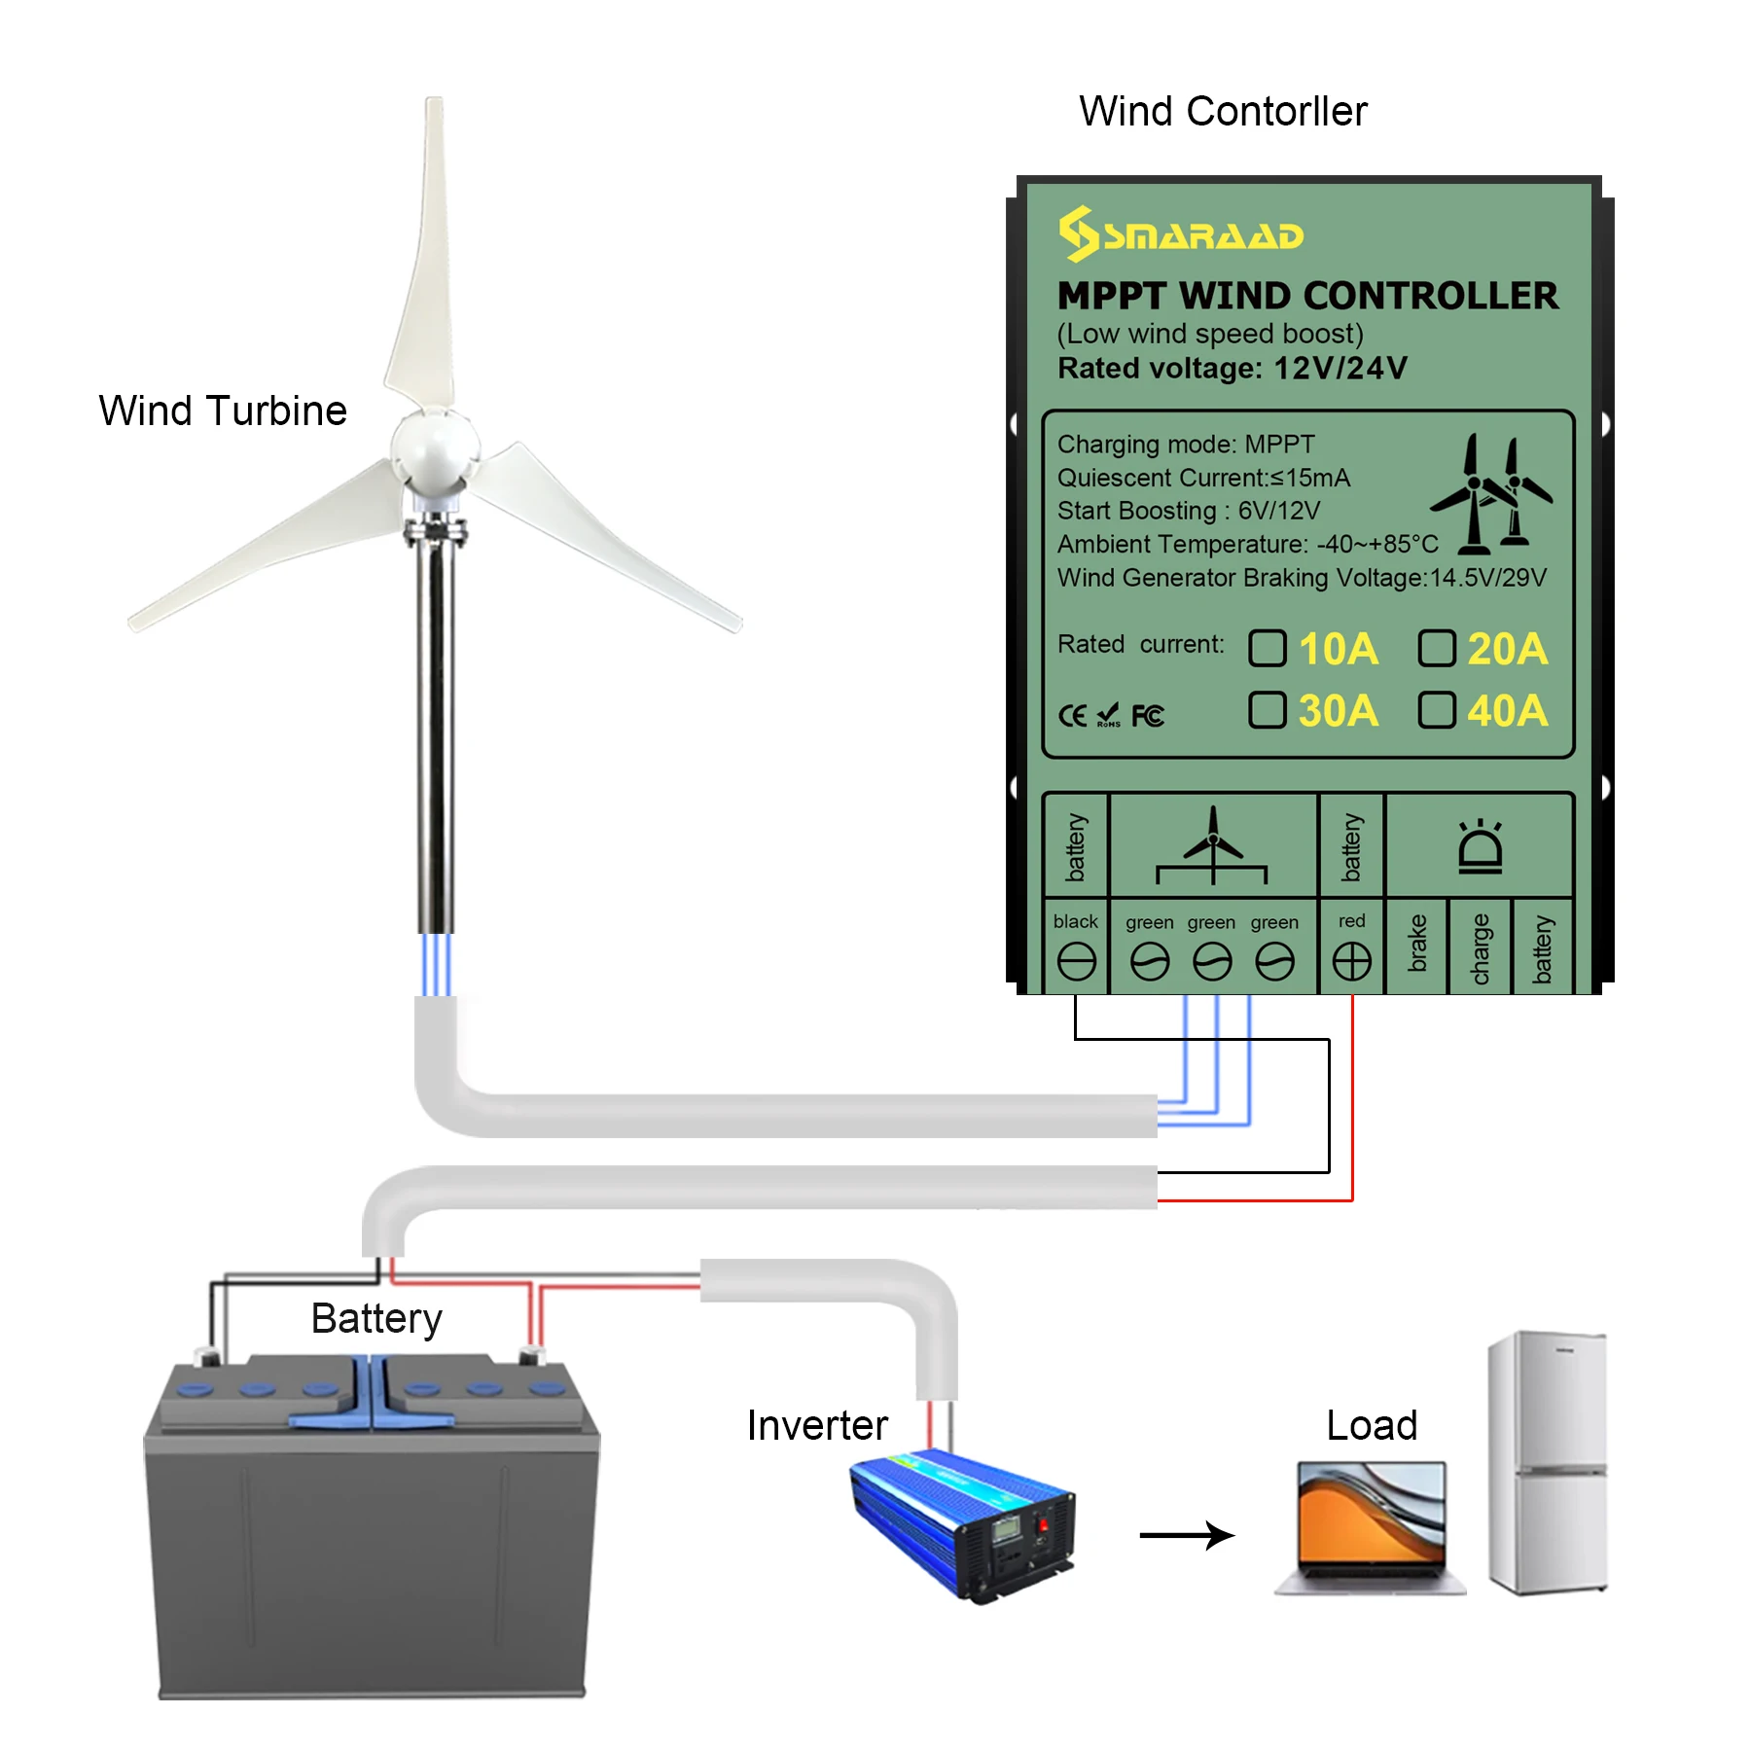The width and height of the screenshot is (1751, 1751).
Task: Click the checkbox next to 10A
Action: pyautogui.click(x=1267, y=648)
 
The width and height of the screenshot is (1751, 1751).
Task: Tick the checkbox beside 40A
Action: pyautogui.click(x=1436, y=710)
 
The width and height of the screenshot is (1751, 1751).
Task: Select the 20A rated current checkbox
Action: pyautogui.click(x=1436, y=648)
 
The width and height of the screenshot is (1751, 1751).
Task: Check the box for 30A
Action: pyautogui.click(x=1267, y=710)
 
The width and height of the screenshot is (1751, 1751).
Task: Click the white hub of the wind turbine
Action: pyautogui.click(x=435, y=449)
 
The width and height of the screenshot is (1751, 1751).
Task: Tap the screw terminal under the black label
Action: pyautogui.click(x=1076, y=962)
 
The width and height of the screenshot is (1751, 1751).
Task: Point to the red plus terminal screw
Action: pyautogui.click(x=1351, y=962)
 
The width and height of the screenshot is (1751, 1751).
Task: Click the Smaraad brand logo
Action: pyautogui.click(x=1181, y=234)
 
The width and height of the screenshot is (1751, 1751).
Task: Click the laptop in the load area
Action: pyautogui.click(x=1371, y=1527)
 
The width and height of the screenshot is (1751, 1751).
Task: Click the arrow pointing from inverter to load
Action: pyautogui.click(x=1187, y=1535)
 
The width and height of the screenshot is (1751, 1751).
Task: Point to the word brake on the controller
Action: pyautogui.click(x=1417, y=943)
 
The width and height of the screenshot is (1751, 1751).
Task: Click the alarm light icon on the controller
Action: pyautogui.click(x=1480, y=846)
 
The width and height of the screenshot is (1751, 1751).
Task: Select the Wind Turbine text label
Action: pyautogui.click(x=223, y=411)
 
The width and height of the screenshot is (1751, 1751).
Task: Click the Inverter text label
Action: pyautogui.click(x=817, y=1425)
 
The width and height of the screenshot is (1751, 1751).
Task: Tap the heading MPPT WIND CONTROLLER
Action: pyautogui.click(x=1307, y=296)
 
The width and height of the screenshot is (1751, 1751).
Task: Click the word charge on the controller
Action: pyautogui.click(x=1480, y=948)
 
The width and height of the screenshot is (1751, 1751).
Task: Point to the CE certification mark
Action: pyautogui.click(x=1072, y=716)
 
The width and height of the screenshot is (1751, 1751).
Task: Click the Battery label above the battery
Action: pyautogui.click(x=376, y=1318)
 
